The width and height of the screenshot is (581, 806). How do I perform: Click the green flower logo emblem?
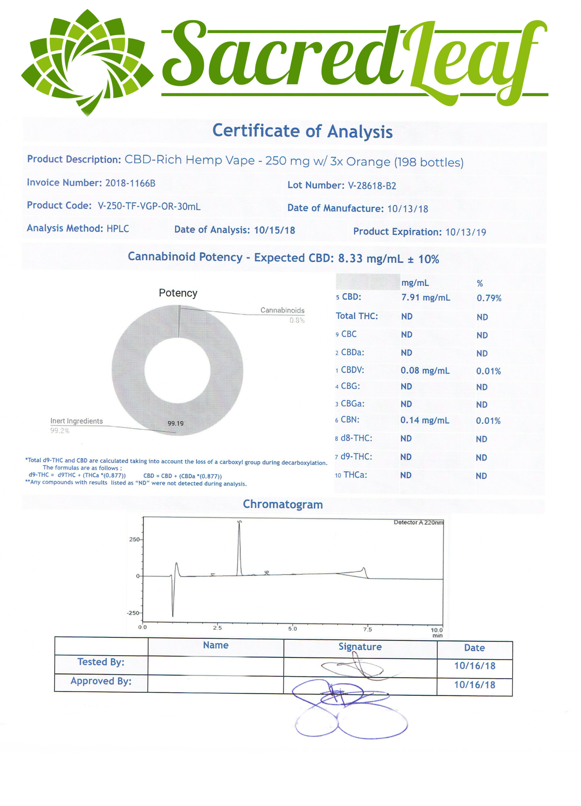pyautogui.click(x=87, y=62)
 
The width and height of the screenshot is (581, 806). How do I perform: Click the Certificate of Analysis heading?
pyautogui.click(x=302, y=131)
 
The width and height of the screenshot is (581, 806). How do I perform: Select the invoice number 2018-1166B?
pyautogui.click(x=130, y=183)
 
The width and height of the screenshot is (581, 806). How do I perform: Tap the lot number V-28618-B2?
pyautogui.click(x=372, y=185)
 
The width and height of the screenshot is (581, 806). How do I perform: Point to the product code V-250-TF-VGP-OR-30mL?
pyautogui.click(x=149, y=206)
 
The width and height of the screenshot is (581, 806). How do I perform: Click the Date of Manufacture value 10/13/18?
pyautogui.click(x=407, y=209)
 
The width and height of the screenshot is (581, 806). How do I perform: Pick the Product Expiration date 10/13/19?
pyautogui.click(x=466, y=232)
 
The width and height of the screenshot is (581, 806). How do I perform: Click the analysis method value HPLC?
pyautogui.click(x=118, y=229)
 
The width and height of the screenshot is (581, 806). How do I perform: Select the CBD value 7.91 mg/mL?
pyautogui.click(x=426, y=298)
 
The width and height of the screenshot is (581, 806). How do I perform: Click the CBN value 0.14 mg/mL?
pyautogui.click(x=425, y=420)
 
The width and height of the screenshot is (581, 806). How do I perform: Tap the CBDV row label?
pyautogui.click(x=352, y=370)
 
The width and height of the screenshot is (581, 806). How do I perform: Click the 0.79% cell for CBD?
pyautogui.click(x=489, y=298)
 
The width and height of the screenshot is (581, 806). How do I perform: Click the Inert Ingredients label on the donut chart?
pyautogui.click(x=76, y=421)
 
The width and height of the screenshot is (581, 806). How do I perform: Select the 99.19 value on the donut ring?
pyautogui.click(x=176, y=423)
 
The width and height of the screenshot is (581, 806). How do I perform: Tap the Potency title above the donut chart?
pyautogui.click(x=178, y=293)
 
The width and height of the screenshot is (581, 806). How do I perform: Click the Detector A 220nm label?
pyautogui.click(x=418, y=522)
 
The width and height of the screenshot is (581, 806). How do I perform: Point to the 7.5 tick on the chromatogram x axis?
pyautogui.click(x=367, y=629)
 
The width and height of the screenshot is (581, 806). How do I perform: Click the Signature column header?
pyautogui.click(x=360, y=647)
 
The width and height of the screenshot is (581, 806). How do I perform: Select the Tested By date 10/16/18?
pyautogui.click(x=474, y=666)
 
